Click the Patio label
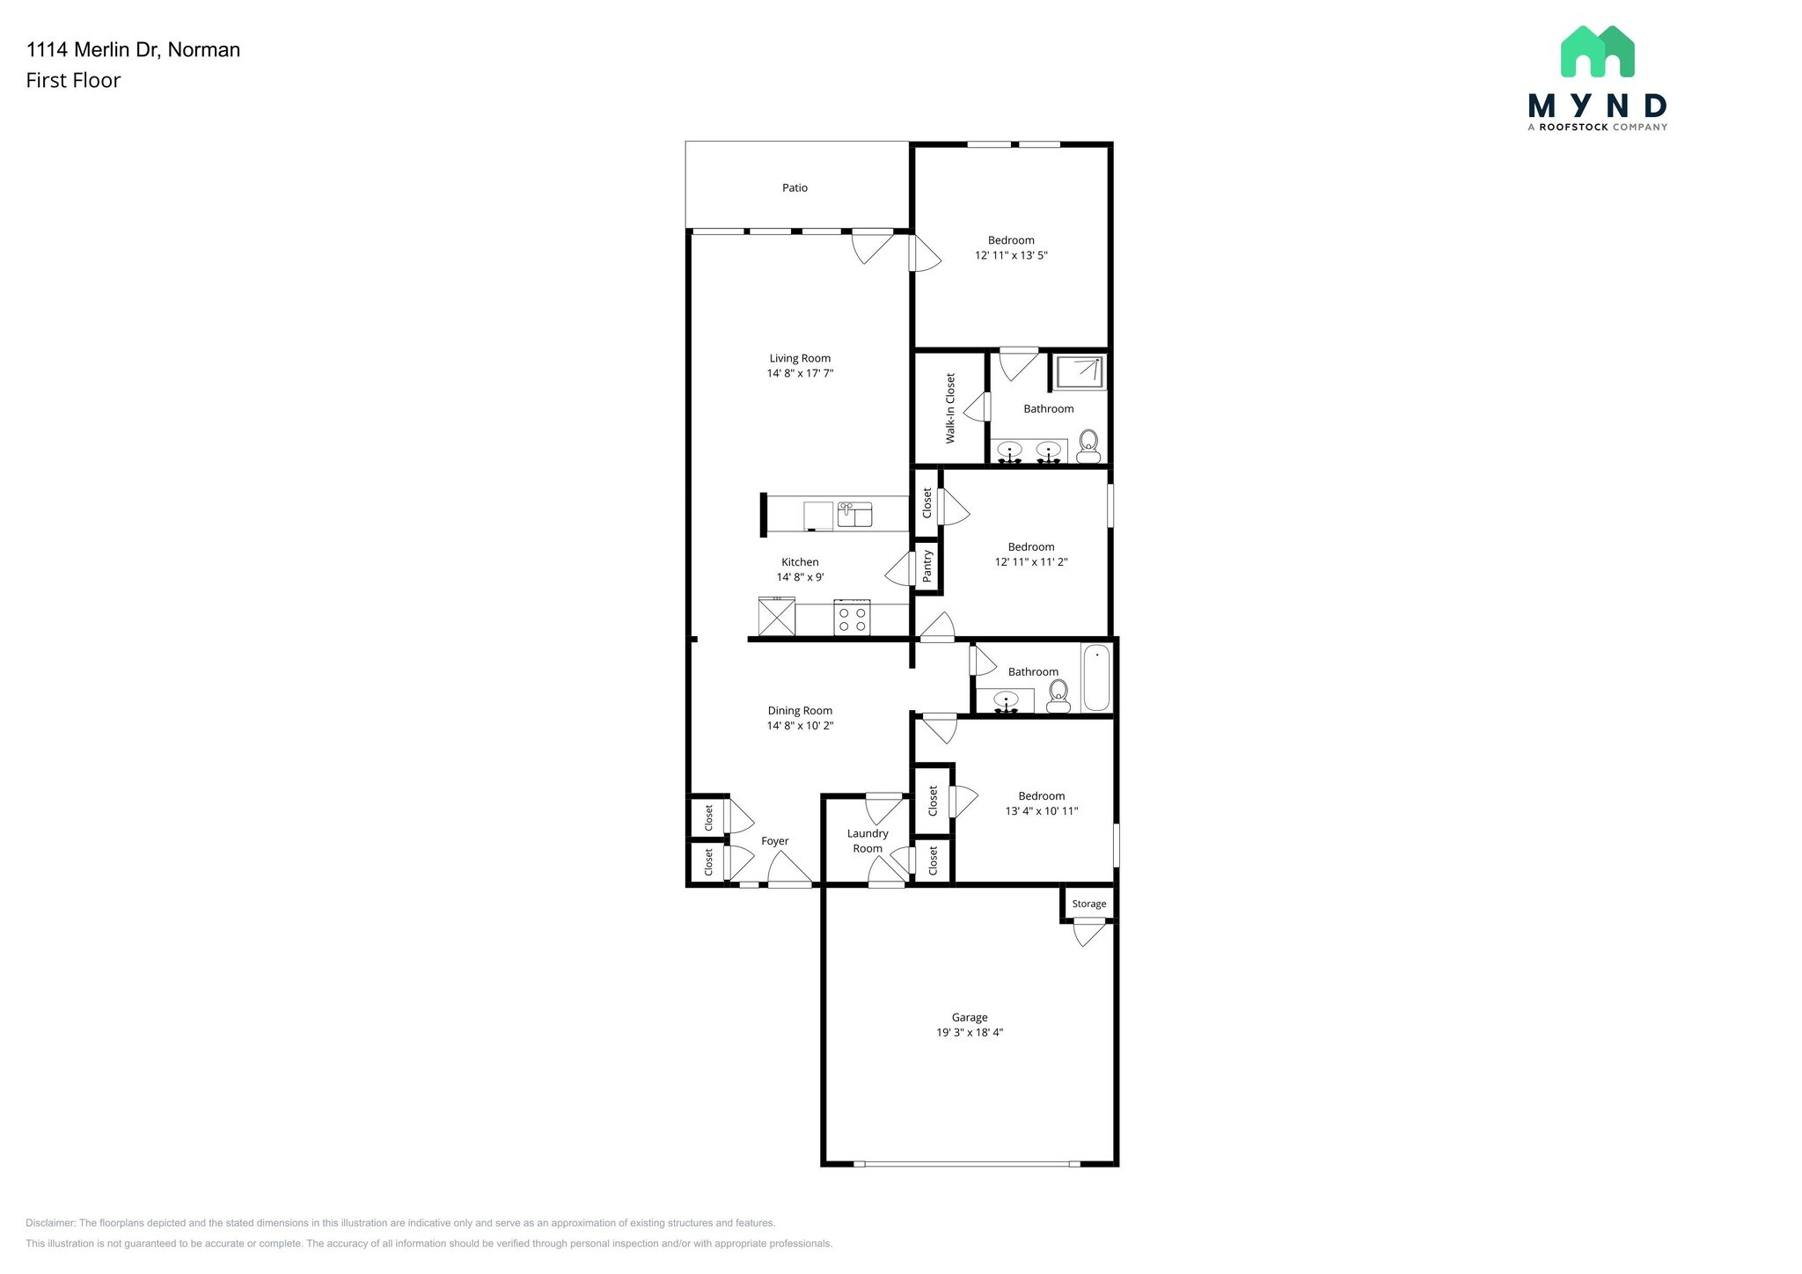[x=795, y=187]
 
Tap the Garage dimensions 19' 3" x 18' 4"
[x=970, y=1032]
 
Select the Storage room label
[x=1088, y=904]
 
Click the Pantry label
[x=927, y=567]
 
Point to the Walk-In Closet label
[x=950, y=408]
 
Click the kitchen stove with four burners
[x=852, y=619]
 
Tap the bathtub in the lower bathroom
[x=1096, y=677]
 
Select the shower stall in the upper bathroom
[x=1079, y=372]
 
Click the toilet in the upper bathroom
[x=1088, y=446]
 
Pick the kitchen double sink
[x=854, y=515]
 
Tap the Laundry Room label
[x=868, y=840]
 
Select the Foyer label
[x=774, y=841]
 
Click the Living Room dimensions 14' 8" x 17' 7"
[x=800, y=373]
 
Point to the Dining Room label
[x=800, y=711]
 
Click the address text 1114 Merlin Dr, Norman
[x=133, y=49]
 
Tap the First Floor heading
[x=73, y=80]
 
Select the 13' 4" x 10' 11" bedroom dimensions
[x=1042, y=811]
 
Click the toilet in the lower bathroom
[x=1058, y=697]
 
